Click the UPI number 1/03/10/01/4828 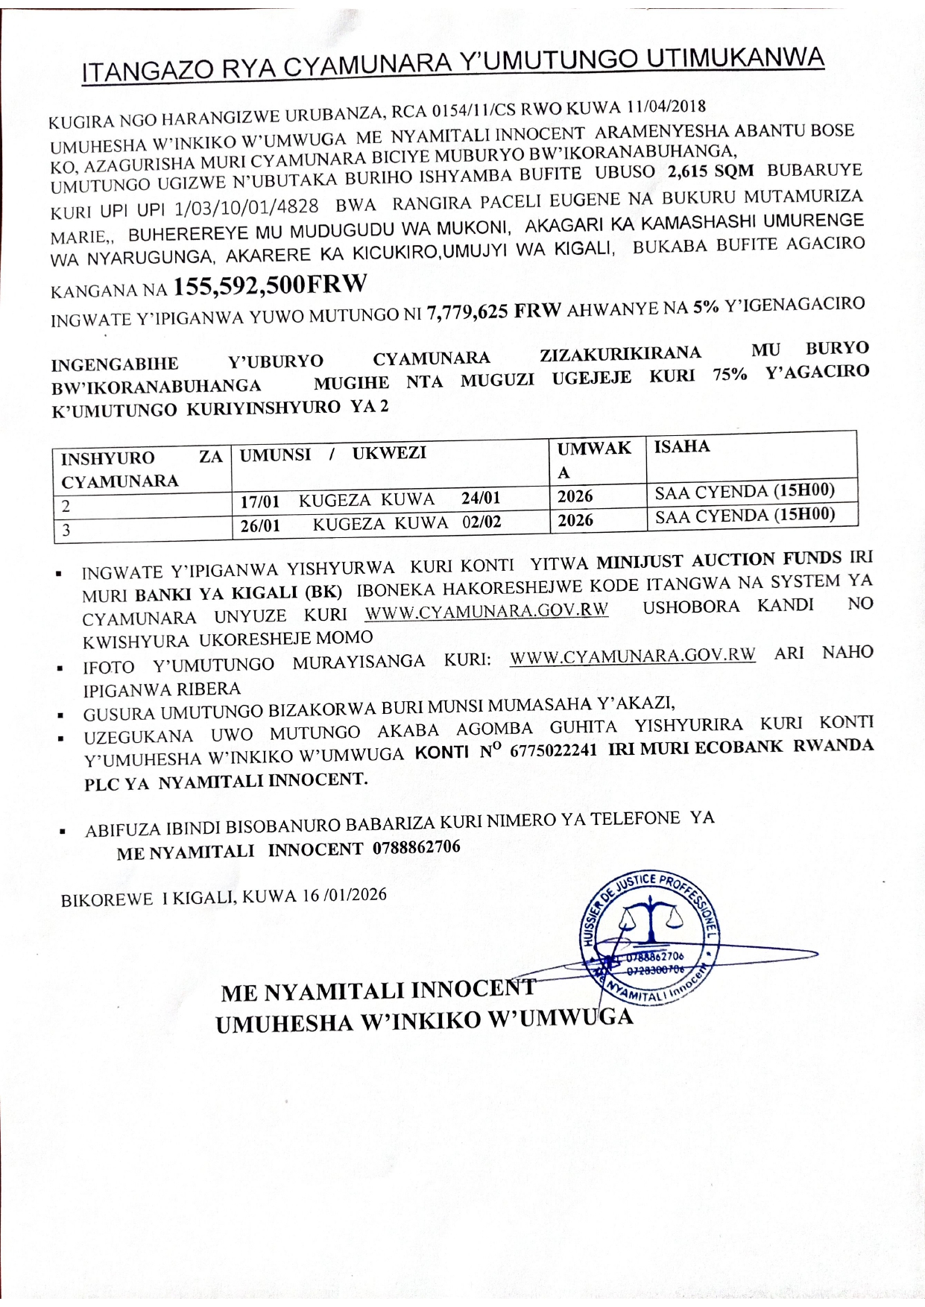pyautogui.click(x=247, y=207)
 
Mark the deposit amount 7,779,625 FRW pyautogui.click(x=493, y=311)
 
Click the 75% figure pyautogui.click(x=730, y=374)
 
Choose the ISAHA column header pyautogui.click(x=682, y=446)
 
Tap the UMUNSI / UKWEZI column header pyautogui.click(x=333, y=454)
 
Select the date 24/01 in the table pyautogui.click(x=481, y=498)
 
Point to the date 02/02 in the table pyautogui.click(x=482, y=522)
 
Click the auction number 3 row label pyautogui.click(x=66, y=531)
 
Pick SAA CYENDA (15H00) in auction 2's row pyautogui.click(x=745, y=491)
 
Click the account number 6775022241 pyautogui.click(x=553, y=750)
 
